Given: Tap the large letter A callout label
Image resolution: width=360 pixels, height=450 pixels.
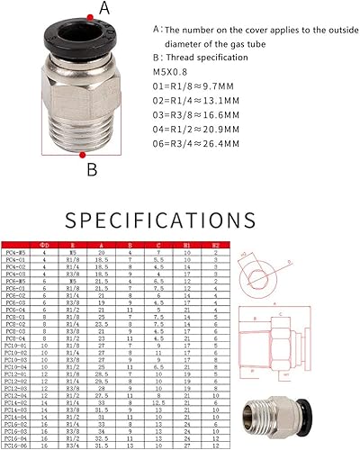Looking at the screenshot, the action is click(105, 9).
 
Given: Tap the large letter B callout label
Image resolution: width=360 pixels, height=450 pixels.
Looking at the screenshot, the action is click(91, 167).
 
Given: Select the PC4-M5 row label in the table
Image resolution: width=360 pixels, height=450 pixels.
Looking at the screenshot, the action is click(14, 254).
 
